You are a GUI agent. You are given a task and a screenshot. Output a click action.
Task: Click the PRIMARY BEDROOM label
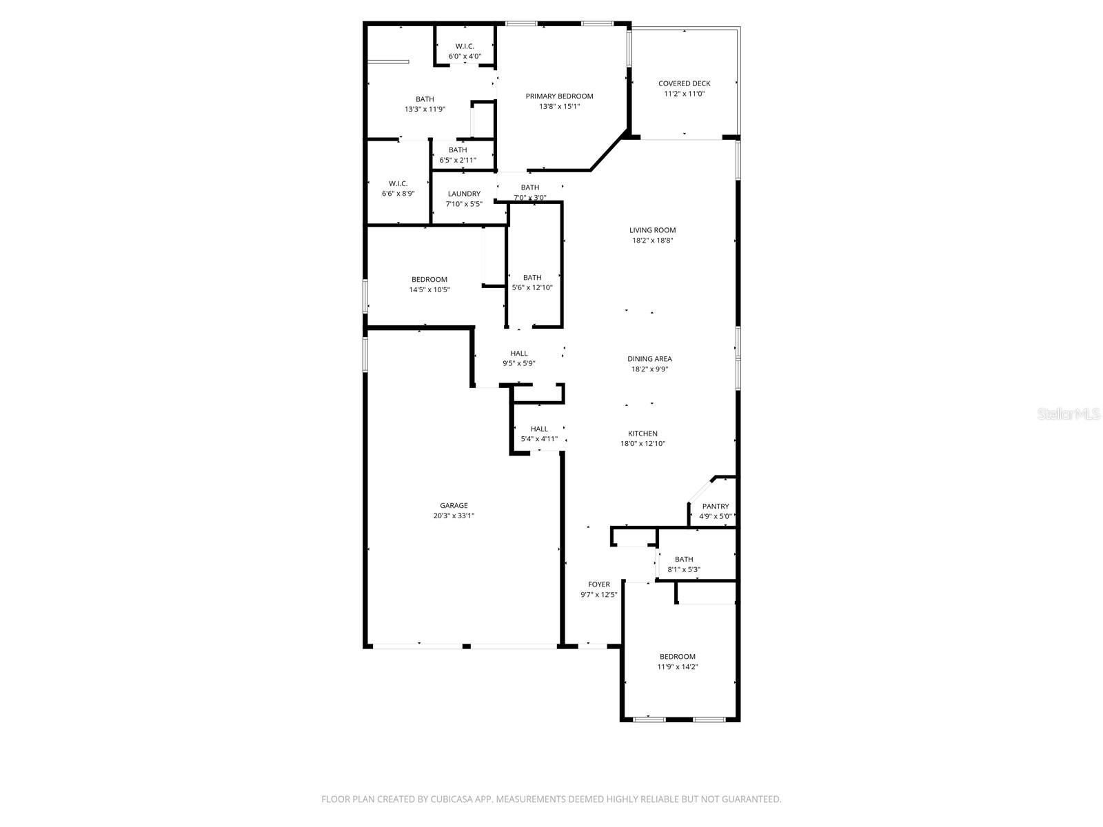point(559,96)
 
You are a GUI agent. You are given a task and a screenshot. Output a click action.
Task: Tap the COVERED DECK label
point(684,83)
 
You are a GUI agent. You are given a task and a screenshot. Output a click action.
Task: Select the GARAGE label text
point(454,506)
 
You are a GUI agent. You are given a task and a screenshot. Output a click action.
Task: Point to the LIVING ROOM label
point(652,230)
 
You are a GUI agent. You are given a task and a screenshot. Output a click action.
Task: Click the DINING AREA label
point(649,358)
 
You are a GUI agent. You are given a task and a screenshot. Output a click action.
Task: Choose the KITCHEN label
point(642,433)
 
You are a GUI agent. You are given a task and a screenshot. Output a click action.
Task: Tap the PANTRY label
point(716,506)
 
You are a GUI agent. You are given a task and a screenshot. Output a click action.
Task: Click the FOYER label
point(599,584)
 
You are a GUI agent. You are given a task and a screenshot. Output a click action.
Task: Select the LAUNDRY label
point(464,194)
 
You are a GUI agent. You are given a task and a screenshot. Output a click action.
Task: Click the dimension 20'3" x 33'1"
point(454,515)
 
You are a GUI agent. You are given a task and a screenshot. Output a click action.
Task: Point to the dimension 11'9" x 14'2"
point(678,667)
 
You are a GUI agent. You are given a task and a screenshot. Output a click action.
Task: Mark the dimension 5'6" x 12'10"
point(532,287)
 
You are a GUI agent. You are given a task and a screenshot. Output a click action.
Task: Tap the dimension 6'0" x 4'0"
point(465,57)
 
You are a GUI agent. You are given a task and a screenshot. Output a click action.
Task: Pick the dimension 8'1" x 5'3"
point(683,569)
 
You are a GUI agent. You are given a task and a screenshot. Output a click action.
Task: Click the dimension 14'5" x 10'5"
point(429,289)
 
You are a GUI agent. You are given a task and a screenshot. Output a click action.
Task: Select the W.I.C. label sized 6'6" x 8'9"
point(398,183)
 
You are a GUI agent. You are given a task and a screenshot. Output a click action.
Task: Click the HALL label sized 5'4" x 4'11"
point(539,429)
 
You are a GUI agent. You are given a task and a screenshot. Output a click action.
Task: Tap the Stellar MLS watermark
point(1069,414)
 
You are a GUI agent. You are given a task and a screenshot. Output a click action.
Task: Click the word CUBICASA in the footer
point(452,799)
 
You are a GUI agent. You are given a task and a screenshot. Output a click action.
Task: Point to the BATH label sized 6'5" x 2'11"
point(458,150)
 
